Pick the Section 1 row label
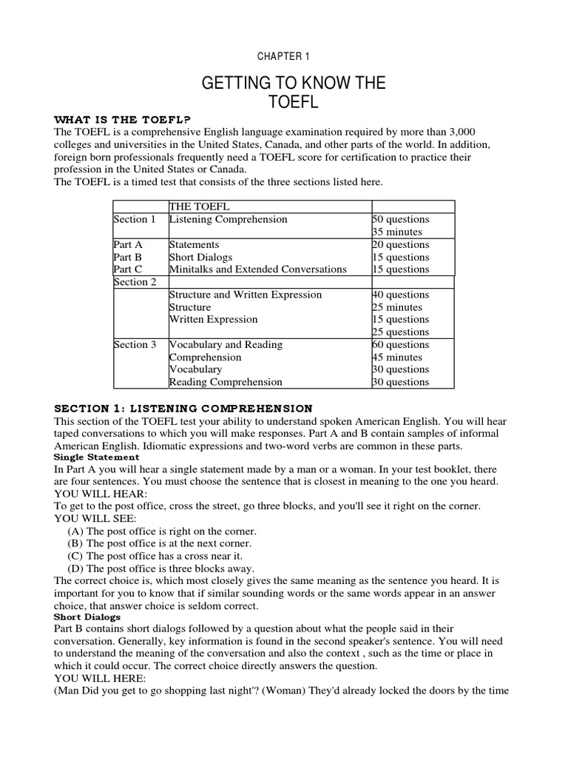tap(135, 220)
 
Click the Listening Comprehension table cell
tap(228, 220)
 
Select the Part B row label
tap(127, 257)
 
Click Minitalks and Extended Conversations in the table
tap(257, 269)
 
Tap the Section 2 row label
tap(135, 282)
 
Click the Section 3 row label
tap(135, 345)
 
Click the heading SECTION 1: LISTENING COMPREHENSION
tap(184, 409)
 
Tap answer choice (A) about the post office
tap(161, 531)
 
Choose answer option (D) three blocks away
tap(160, 568)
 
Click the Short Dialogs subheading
tap(87, 617)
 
